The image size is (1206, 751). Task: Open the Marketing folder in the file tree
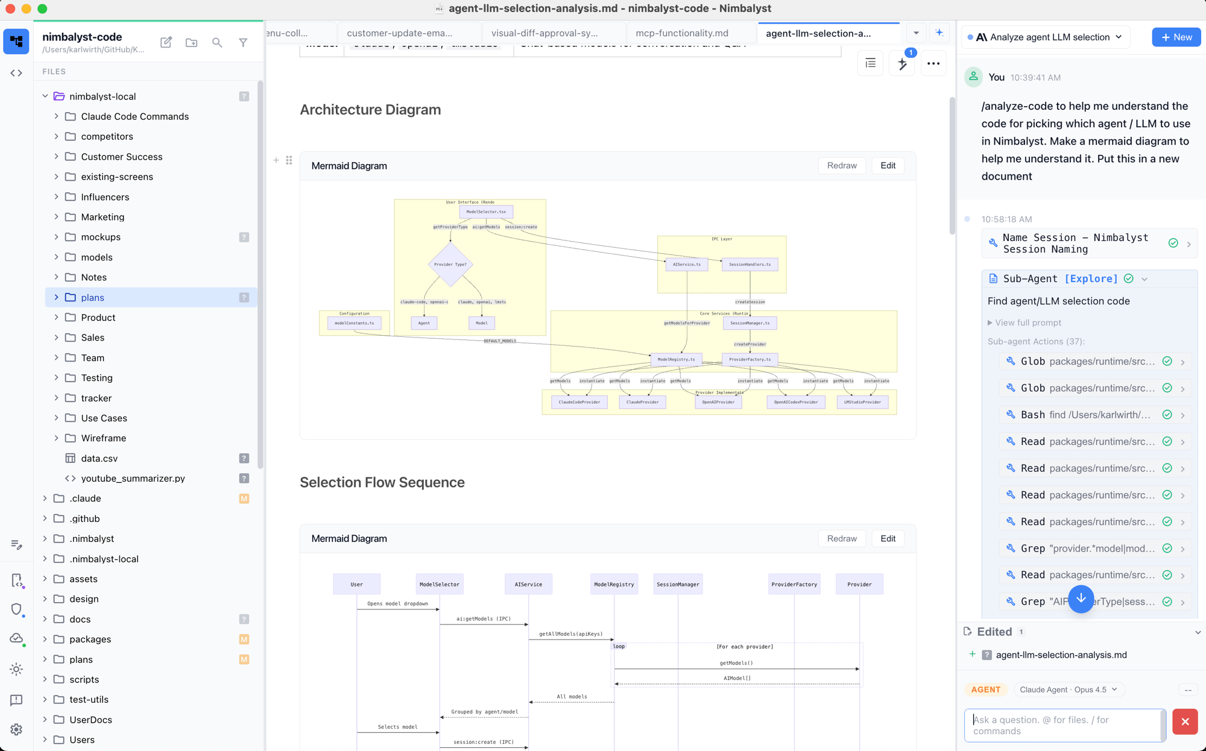103,217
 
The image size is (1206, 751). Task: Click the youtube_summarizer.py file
133,479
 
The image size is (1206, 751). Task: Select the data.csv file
99,459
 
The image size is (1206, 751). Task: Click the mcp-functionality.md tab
681,33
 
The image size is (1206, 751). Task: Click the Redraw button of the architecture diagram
841,166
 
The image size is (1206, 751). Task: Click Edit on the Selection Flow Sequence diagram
888,539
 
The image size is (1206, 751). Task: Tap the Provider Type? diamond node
450,265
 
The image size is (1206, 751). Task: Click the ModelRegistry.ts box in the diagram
676,360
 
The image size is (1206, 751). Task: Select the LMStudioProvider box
862,402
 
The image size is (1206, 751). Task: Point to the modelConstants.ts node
354,323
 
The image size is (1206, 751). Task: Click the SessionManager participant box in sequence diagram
678,585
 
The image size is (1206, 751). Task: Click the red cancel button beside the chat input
1184,722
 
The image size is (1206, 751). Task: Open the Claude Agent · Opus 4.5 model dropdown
1068,690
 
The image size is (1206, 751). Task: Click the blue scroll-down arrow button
1081,599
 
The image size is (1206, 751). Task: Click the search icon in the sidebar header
217,43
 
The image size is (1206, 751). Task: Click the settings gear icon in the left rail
16,730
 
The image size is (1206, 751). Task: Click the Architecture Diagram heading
370,110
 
